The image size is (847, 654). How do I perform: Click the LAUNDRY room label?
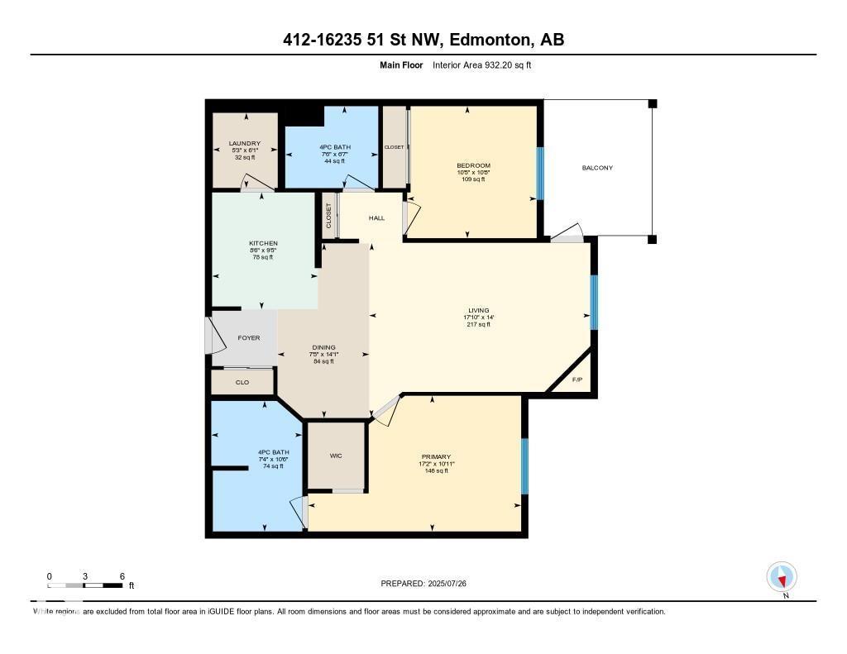(244, 143)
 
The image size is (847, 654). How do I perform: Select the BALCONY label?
(597, 168)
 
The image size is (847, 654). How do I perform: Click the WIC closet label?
(336, 456)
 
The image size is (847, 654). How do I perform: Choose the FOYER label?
(249, 337)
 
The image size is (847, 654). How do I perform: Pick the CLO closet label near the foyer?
(242, 382)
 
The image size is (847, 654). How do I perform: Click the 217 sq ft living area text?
(478, 324)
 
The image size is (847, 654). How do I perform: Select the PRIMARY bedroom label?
(436, 457)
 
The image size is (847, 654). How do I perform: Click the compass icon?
(782, 576)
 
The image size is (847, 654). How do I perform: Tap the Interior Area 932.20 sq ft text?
(481, 64)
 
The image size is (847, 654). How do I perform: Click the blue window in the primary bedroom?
(524, 466)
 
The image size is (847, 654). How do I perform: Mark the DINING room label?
(323, 348)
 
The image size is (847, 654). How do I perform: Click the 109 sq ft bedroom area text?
(473, 179)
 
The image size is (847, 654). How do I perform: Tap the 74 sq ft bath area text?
(273, 466)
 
